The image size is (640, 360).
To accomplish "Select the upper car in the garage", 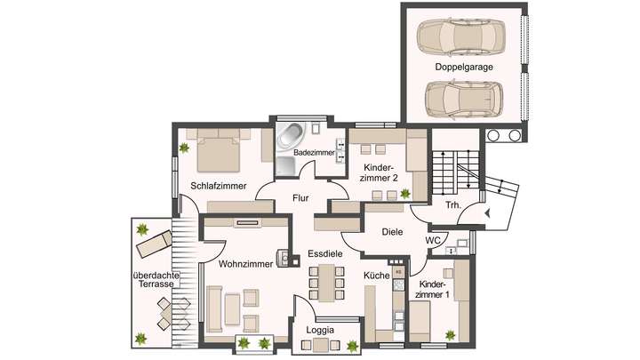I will click(461, 37).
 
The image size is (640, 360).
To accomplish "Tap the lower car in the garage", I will click(461, 99).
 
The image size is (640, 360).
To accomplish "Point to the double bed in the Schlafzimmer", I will click(218, 151).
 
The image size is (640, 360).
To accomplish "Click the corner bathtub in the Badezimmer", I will click(291, 136).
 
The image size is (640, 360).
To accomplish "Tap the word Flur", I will click(302, 198).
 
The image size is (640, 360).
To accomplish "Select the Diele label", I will click(392, 231).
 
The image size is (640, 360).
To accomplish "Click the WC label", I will click(433, 240).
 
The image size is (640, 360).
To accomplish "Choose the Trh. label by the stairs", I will click(452, 206).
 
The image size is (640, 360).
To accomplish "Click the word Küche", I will click(377, 276).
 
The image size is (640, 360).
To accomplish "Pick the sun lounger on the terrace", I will click(154, 241).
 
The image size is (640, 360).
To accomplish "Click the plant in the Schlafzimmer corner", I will click(183, 147).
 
